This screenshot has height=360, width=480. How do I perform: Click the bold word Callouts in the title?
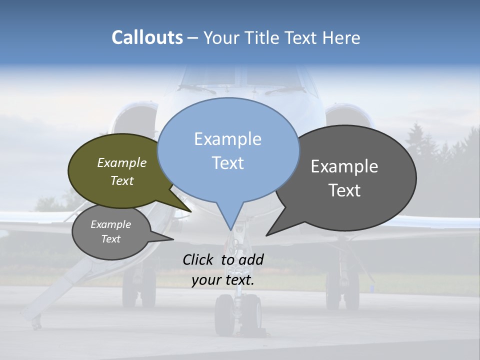tap(147, 37)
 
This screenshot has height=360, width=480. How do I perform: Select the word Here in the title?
tap(342, 37)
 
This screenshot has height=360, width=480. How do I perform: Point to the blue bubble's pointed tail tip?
tap(230, 229)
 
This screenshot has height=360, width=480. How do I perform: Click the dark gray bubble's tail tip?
tap(266, 235)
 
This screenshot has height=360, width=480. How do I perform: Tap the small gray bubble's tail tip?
tap(173, 239)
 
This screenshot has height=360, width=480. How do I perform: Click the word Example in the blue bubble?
tap(227, 139)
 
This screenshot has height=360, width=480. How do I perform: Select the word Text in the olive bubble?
tap(122, 180)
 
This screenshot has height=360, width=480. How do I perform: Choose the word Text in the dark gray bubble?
tap(344, 190)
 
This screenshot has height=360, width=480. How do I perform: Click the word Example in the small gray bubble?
tap(110, 224)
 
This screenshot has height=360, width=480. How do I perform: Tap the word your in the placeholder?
tap(206, 280)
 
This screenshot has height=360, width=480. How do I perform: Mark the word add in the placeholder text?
tap(251, 259)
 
